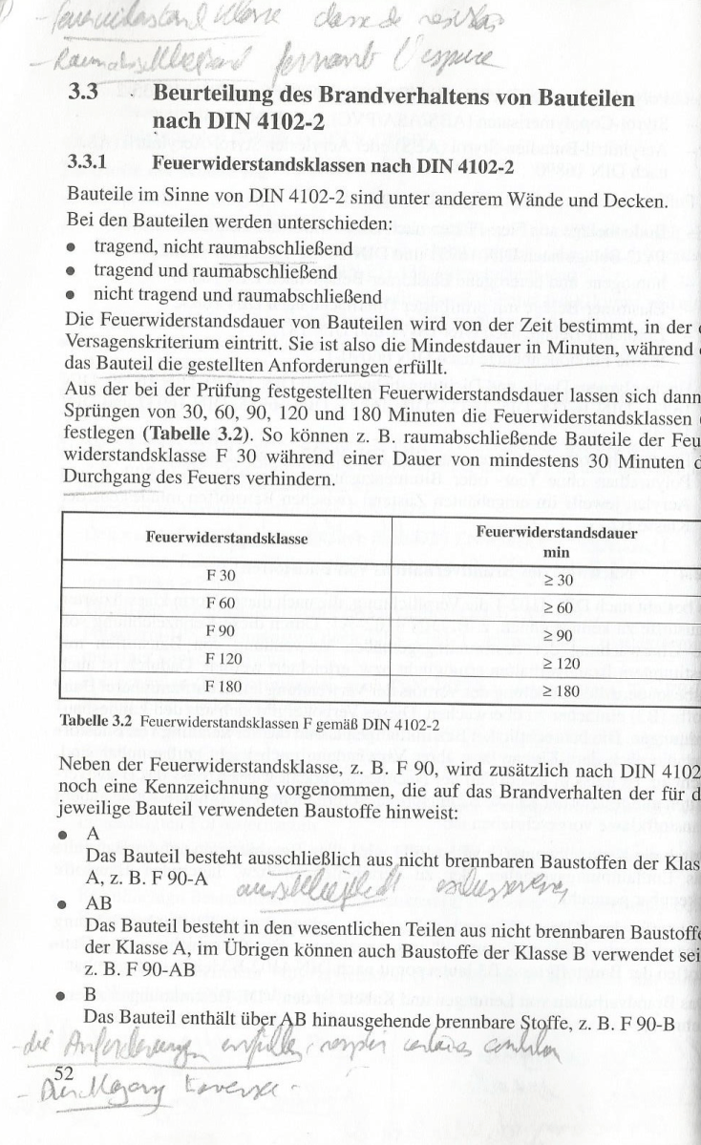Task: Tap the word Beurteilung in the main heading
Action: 217,97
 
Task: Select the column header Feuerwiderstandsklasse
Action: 226,539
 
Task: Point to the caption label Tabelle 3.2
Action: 99,720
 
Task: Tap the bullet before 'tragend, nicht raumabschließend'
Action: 71,248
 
